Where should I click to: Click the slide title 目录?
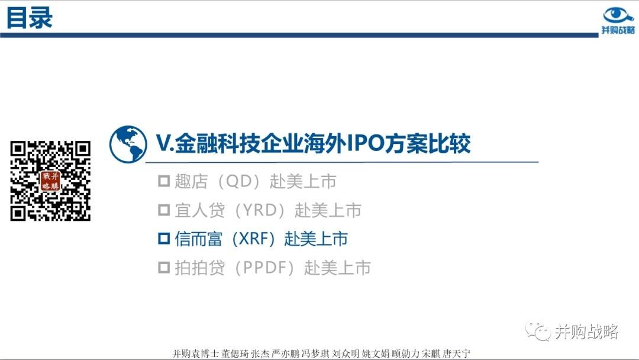[30, 18]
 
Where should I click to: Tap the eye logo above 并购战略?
[618, 15]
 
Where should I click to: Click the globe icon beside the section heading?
[128, 144]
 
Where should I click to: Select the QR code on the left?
[50, 181]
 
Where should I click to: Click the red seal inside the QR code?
[50, 181]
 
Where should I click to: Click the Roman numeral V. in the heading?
[166, 143]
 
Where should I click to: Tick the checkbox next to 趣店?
[164, 181]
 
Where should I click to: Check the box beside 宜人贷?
[164, 210]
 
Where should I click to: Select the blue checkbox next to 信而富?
[164, 239]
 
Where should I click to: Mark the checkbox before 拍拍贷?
[164, 268]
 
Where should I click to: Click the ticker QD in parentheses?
[238, 181]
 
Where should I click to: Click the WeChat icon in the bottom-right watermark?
[538, 330]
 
